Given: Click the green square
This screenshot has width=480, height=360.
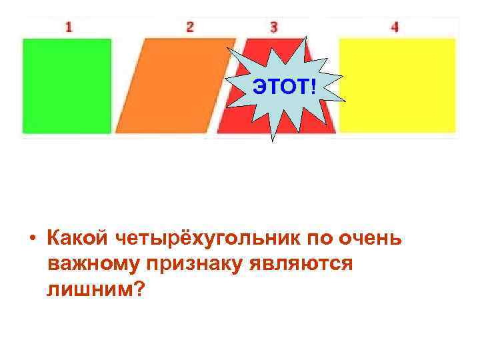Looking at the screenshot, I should [x=67, y=85].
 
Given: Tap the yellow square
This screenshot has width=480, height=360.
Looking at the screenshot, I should [x=397, y=85].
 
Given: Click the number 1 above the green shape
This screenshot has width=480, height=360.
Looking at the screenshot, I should [x=69, y=27].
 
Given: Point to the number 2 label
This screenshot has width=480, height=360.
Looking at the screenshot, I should [x=190, y=27].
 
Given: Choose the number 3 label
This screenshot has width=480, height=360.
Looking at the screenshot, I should [x=274, y=27].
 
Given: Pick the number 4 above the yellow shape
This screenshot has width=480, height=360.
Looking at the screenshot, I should [x=395, y=27].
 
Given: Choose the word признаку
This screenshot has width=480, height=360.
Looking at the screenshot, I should [x=187, y=264].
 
